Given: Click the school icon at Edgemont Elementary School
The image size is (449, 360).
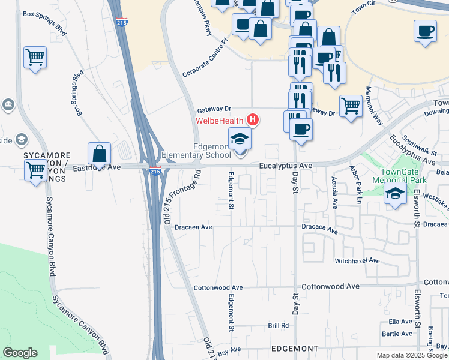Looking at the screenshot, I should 240,139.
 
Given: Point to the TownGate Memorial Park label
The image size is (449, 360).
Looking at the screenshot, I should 399,175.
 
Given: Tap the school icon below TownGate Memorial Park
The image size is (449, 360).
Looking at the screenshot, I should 395,194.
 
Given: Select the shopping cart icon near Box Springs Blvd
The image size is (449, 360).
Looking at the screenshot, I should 35,58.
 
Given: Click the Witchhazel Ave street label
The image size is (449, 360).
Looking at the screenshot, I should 357,261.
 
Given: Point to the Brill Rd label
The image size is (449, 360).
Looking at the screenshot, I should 279,325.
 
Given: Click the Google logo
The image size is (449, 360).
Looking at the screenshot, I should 20,353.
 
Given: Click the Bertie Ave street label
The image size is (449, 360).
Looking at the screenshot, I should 399,334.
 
